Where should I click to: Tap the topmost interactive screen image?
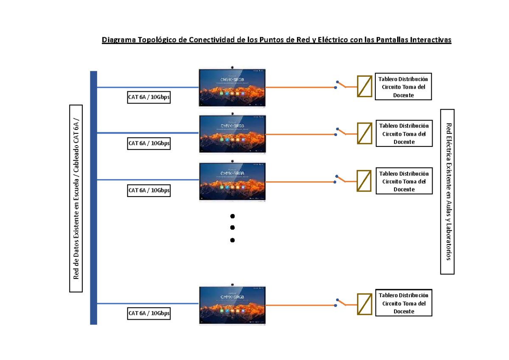click(232, 87)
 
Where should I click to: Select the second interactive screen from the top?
click(232, 134)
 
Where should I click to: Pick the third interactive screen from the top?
click(232, 181)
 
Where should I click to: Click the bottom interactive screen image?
click(232, 304)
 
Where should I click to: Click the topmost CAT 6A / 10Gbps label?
click(149, 97)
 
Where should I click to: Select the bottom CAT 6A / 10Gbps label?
click(149, 313)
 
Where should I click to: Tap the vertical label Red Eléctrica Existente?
click(447, 191)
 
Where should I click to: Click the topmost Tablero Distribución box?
click(403, 87)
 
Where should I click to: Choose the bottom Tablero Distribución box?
click(403, 304)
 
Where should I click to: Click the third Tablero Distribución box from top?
click(404, 181)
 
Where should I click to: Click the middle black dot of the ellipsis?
click(232, 228)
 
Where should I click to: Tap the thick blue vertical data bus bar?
click(94, 197)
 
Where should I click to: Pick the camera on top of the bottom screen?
click(232, 284)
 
